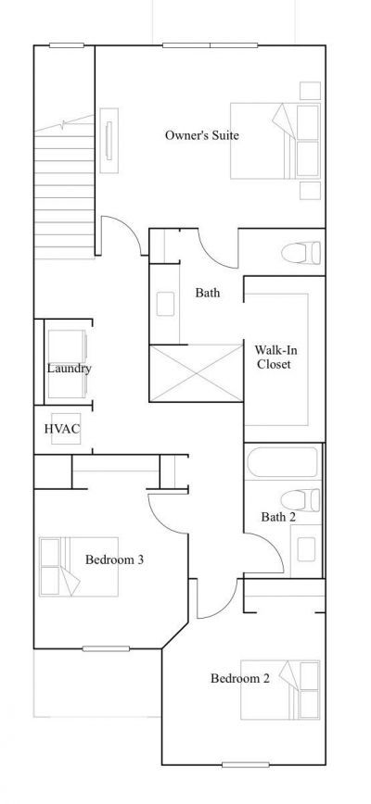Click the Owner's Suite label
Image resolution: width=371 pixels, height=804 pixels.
click(201, 135)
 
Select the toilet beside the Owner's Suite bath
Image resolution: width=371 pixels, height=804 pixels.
click(301, 251)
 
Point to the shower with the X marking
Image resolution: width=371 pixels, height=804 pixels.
click(195, 372)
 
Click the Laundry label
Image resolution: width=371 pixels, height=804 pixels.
click(70, 369)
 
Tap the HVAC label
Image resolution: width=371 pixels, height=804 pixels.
click(62, 429)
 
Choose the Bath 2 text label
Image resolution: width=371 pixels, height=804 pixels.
click(277, 517)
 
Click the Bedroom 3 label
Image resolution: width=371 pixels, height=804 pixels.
click(113, 559)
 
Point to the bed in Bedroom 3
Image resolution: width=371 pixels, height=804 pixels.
click(78, 567)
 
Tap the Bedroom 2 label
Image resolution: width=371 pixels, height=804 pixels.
click(239, 679)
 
